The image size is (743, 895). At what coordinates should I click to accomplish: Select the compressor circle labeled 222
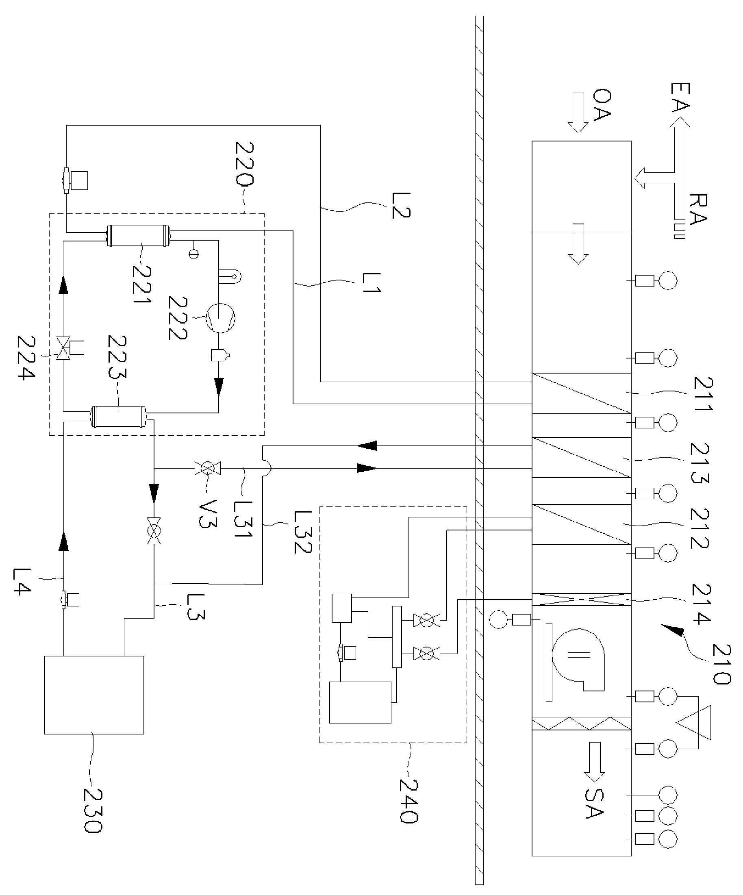(220, 317)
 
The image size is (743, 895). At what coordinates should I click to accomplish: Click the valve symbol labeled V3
(208, 468)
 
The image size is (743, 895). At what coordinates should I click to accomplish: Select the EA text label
(680, 98)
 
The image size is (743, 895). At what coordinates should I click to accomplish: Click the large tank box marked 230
(94, 695)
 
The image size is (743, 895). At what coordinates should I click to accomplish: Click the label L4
(22, 581)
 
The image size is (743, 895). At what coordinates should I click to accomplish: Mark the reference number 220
(244, 164)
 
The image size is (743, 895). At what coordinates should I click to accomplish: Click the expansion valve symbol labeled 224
(64, 348)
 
